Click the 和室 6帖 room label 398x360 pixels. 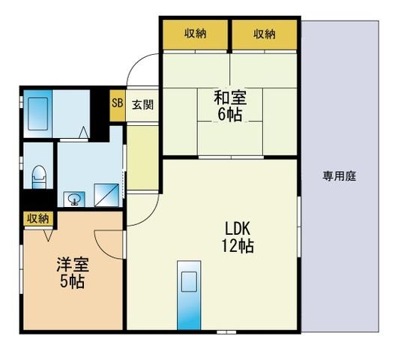coord(230,106)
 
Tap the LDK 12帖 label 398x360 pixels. coord(238,237)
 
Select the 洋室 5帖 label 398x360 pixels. coord(73,272)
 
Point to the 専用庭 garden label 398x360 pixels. coord(339,176)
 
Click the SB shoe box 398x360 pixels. coord(117,105)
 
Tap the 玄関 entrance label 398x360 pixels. coord(143,105)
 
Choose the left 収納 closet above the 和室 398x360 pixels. coord(195,34)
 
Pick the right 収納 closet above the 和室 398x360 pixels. coord(265,34)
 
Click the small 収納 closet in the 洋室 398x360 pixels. coord(38,218)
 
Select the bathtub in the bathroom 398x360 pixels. coord(37,114)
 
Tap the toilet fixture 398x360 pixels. coord(39,177)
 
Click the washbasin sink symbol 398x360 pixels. coord(74,199)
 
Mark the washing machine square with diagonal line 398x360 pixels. coord(106,195)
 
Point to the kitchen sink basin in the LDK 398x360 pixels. coord(189,281)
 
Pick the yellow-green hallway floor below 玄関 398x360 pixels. coord(142,157)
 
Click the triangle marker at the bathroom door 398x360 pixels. coord(84,132)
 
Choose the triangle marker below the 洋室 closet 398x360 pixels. coord(48,235)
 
